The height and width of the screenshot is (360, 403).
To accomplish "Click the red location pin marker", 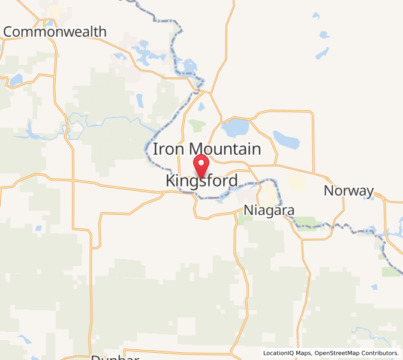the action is [201, 164].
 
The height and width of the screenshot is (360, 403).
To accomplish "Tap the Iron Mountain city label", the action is [207, 149].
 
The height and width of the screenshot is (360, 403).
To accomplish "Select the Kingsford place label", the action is [201, 181].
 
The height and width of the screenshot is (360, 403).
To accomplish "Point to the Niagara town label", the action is [269, 211].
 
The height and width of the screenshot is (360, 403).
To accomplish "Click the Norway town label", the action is [348, 191].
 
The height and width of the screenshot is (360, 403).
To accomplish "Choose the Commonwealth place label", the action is [55, 32].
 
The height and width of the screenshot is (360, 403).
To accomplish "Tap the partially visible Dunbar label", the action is [115, 358].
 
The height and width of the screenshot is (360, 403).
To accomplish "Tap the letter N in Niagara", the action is [249, 211].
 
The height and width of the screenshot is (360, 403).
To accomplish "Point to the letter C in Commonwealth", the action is [9, 32].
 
